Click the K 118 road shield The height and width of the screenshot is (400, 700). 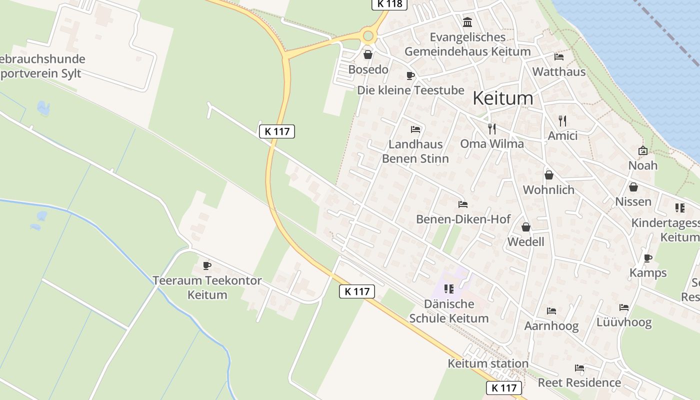tap(389, 4)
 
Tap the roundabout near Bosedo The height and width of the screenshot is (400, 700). tap(368, 36)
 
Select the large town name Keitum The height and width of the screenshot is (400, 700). tap(502, 98)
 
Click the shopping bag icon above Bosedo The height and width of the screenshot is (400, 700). tap(368, 54)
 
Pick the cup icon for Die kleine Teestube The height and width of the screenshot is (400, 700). tap(410, 76)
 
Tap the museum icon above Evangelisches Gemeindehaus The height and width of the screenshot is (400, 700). tap(467, 22)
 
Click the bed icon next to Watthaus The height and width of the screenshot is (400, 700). tap(559, 57)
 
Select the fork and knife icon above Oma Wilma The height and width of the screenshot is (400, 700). tap(492, 129)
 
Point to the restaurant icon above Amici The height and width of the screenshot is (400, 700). tap(562, 121)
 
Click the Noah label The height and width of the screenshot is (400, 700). tap(642, 165)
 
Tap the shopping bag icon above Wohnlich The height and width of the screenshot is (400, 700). tap(548, 175)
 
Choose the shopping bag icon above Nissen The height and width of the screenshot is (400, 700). tap(633, 187)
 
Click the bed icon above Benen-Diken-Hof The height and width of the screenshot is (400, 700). tap(463, 204)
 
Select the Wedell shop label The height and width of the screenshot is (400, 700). tap(525, 242)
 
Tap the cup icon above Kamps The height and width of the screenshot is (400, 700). tap(648, 258)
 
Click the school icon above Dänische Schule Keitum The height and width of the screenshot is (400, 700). tap(448, 289)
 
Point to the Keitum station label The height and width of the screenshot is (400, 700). tap(488, 363)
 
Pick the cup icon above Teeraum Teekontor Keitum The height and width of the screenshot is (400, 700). tap(207, 265)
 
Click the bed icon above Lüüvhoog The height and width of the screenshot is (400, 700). tap(623, 307)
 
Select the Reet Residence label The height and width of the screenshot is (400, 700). tap(579, 383)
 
